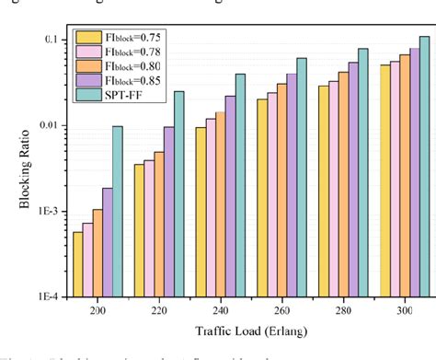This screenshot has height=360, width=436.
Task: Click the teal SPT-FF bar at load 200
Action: [x=117, y=212]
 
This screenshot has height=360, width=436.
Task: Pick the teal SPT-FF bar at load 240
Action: [x=240, y=185]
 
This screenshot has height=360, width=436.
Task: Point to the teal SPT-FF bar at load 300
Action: [x=424, y=167]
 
